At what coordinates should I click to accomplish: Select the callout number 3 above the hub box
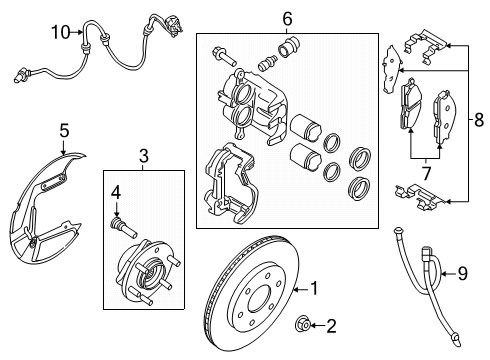tap(143, 155)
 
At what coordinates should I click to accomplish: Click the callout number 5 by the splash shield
tap(64, 129)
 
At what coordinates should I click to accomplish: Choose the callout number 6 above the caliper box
tap(286, 19)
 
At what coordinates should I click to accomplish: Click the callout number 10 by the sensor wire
tap(60, 33)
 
